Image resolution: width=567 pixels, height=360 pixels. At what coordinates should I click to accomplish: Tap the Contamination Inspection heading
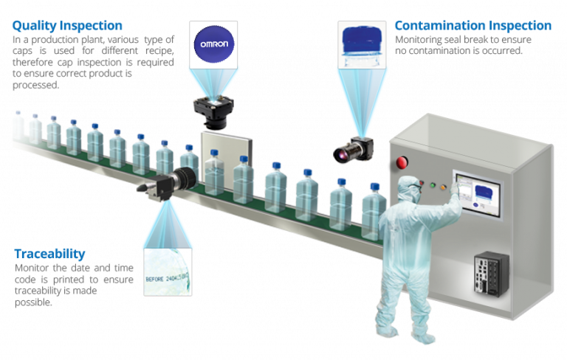pyautogui.click(x=473, y=26)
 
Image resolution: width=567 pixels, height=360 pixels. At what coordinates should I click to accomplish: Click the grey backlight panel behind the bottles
pyautogui.click(x=228, y=151)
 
